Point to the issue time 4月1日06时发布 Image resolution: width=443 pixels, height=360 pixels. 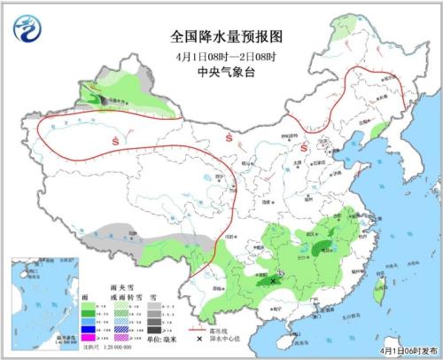coord(404,351)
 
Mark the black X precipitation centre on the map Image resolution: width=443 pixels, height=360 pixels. coord(274,279)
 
